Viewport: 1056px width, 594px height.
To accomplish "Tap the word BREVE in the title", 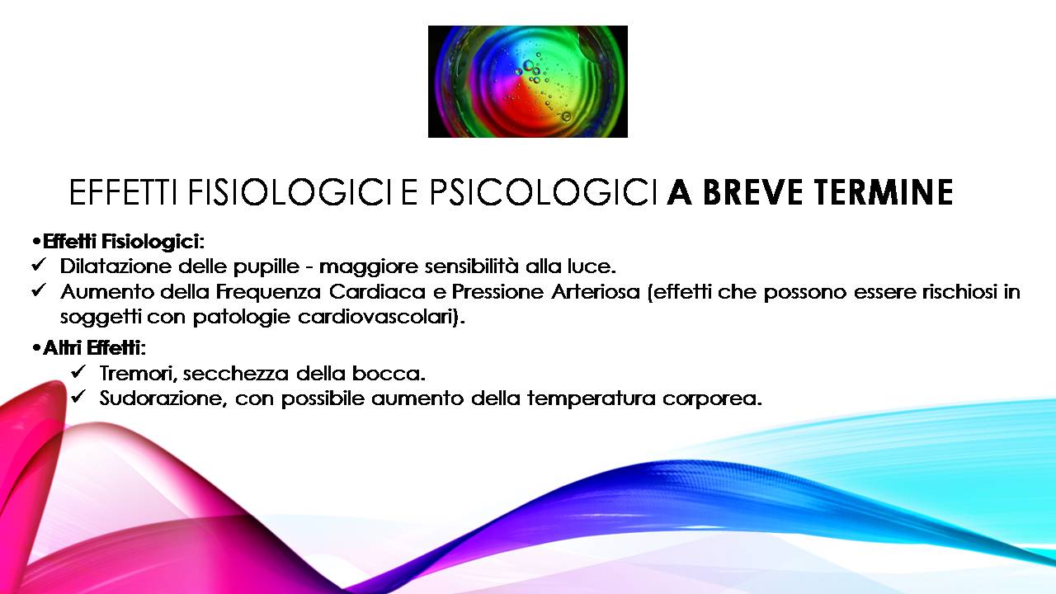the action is [x=752, y=192].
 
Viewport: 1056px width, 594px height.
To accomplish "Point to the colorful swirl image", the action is [x=527, y=82].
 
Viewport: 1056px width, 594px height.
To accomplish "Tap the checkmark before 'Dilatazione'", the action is [x=38, y=265].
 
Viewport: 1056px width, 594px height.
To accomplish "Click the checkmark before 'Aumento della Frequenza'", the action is [x=38, y=290].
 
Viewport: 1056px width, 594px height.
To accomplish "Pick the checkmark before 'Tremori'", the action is [x=78, y=371].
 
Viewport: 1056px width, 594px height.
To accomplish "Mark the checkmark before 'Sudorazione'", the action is [x=78, y=397].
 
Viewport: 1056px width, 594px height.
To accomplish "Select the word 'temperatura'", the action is [x=592, y=399].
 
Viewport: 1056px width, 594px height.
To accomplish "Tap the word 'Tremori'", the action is [x=138, y=375].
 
